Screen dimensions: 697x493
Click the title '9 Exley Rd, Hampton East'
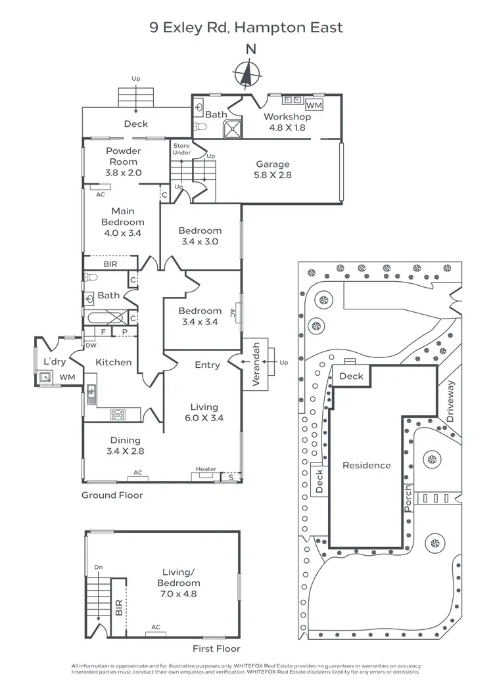click(x=246, y=27)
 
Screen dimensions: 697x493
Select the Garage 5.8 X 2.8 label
click(x=273, y=169)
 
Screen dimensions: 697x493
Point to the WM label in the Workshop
click(x=314, y=105)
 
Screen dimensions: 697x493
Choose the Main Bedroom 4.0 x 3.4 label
click(x=122, y=222)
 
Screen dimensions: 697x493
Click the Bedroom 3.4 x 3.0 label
click(x=200, y=236)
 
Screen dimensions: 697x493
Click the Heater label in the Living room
click(x=206, y=469)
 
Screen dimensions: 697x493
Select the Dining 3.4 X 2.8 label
click(x=125, y=445)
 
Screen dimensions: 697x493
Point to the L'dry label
click(x=53, y=362)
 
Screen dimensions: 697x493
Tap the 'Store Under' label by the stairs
click(x=181, y=148)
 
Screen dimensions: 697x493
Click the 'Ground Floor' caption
click(x=112, y=495)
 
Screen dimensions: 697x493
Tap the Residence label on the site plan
click(x=366, y=465)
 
